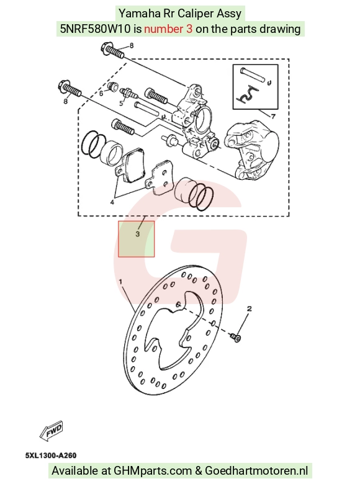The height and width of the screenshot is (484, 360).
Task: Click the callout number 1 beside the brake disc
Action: pyautogui.click(x=120, y=282)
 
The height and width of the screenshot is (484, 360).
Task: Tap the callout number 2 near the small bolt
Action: pyautogui.click(x=250, y=308)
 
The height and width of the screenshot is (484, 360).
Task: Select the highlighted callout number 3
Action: pyautogui.click(x=138, y=234)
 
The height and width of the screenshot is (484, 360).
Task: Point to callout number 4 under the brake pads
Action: pyautogui.click(x=112, y=202)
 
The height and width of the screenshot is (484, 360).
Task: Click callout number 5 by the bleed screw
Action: pyautogui.click(x=121, y=103)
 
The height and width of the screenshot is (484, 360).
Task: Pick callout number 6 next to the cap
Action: pyautogui.click(x=101, y=93)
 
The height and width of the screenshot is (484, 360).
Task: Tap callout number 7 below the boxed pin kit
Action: pyautogui.click(x=273, y=117)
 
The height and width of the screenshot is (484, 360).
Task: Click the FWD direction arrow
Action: pyautogui.click(x=52, y=430)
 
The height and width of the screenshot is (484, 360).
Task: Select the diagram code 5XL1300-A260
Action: pyautogui.click(x=51, y=455)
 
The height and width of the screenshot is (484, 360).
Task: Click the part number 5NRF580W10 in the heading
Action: pyautogui.click(x=96, y=29)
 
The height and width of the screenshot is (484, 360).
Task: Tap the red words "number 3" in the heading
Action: pyautogui.click(x=168, y=29)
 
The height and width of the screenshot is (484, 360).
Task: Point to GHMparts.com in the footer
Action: pyautogui.click(x=153, y=471)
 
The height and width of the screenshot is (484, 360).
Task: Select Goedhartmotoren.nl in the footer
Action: pyautogui.click(x=256, y=471)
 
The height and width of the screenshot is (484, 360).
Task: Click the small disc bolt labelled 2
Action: pyautogui.click(x=236, y=337)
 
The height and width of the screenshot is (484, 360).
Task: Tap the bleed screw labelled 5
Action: pyautogui.click(x=129, y=92)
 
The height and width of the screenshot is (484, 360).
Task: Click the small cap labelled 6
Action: pyautogui.click(x=114, y=86)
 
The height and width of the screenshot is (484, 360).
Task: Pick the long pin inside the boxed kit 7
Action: pyautogui.click(x=252, y=75)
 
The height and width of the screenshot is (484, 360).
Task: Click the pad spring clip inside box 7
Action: pyautogui.click(x=247, y=94)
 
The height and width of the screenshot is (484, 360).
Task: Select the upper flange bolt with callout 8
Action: pyautogui.click(x=113, y=52)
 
